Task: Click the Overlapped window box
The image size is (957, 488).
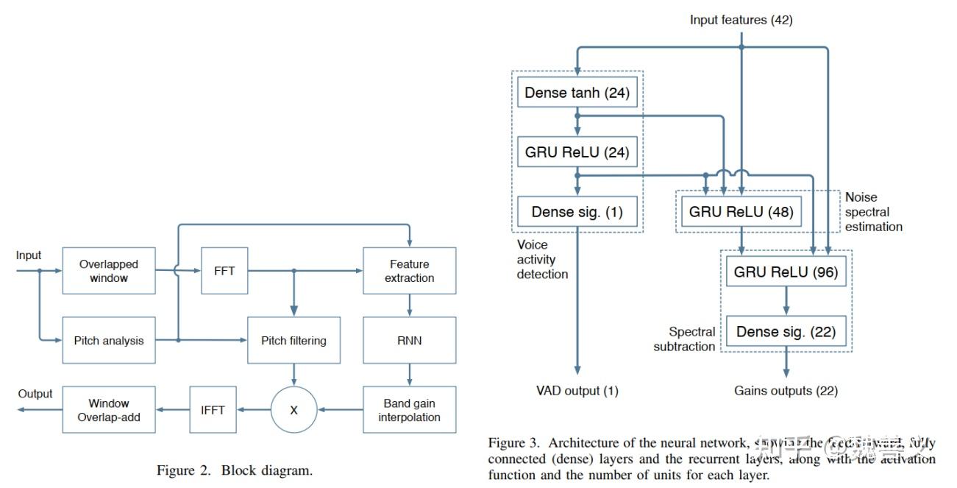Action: click(x=109, y=271)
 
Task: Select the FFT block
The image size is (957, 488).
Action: click(x=224, y=271)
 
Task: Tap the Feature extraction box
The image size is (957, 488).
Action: click(x=409, y=271)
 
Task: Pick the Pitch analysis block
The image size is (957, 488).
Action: click(x=109, y=340)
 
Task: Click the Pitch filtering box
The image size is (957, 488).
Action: click(x=293, y=340)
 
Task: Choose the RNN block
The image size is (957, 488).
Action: click(x=409, y=340)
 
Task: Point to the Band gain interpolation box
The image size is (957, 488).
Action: click(x=409, y=410)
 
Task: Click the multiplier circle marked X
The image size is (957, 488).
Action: click(x=293, y=410)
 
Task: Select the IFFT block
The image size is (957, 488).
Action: click(x=213, y=410)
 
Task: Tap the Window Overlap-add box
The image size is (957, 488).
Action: click(x=109, y=410)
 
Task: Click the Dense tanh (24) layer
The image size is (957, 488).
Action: click(x=577, y=93)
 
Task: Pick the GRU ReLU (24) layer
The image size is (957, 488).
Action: click(x=577, y=152)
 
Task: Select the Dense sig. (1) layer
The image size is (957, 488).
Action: click(x=577, y=212)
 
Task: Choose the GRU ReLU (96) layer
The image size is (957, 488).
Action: click(x=786, y=272)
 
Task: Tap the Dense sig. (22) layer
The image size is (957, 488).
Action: click(x=786, y=332)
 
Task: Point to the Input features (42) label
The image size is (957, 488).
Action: click(x=741, y=21)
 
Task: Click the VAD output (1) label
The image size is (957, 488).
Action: click(x=577, y=391)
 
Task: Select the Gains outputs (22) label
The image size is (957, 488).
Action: click(x=786, y=391)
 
